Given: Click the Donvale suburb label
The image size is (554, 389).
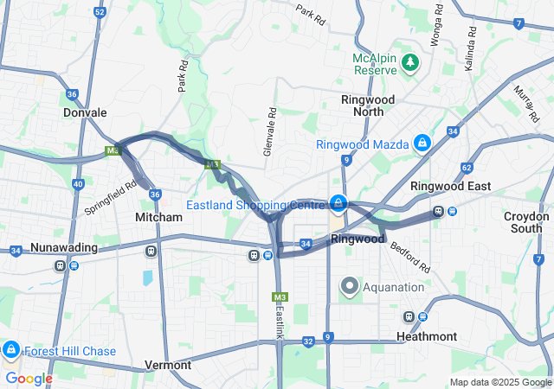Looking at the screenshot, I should click(85, 112).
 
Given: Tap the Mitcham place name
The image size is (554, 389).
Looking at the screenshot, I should click(159, 217).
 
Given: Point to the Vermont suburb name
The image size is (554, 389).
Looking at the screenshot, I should click(168, 365).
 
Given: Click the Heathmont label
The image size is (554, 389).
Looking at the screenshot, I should click(426, 335).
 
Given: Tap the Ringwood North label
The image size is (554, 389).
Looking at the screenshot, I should click(368, 105).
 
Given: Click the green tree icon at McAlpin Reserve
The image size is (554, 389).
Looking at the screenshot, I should click(410, 62).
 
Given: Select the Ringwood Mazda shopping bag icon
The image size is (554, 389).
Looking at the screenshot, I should click(422, 143).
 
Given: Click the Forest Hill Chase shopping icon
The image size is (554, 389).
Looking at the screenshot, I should click(10, 350).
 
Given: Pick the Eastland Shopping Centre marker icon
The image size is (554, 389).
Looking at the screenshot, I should click(339, 204).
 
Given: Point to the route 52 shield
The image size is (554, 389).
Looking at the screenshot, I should click(100, 12).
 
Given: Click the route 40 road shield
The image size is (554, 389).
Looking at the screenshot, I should click(78, 184).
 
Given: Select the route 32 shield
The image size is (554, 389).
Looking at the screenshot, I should click(308, 341).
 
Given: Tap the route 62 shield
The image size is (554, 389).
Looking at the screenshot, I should click(467, 168).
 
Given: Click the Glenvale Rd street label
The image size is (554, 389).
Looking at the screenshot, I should click(271, 132).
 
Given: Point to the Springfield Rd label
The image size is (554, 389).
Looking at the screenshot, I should click(111, 196).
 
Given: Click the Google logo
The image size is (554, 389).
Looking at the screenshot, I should click(29, 378).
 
